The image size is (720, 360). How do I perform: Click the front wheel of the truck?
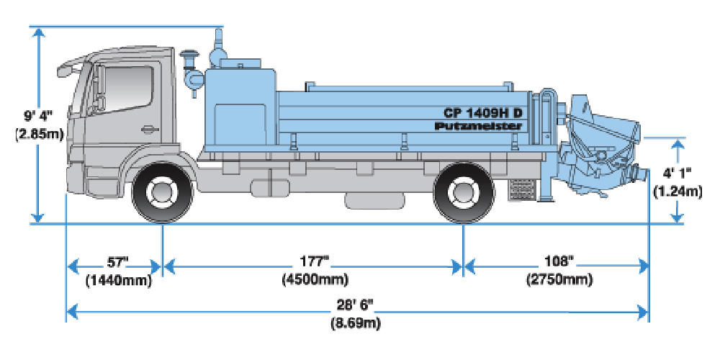[163, 192]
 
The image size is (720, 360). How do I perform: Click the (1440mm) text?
[118, 280]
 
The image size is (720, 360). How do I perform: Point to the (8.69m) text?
[354, 323]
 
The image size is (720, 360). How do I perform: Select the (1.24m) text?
[677, 192]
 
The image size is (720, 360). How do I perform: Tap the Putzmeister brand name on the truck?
[478, 126]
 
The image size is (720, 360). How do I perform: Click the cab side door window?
[129, 86]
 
